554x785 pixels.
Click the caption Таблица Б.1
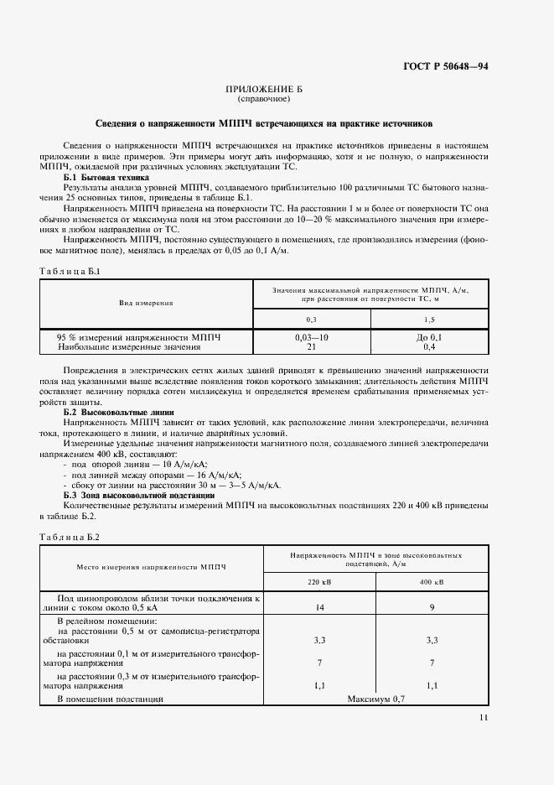[70, 272]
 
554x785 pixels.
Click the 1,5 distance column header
[429, 320]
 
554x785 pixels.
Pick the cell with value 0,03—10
[312, 336]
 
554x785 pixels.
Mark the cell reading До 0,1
[429, 336]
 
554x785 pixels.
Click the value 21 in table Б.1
[311, 346]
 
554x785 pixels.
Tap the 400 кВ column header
[432, 583]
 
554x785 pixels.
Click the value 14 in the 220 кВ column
[319, 606]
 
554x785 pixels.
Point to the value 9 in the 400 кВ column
[432, 606]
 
